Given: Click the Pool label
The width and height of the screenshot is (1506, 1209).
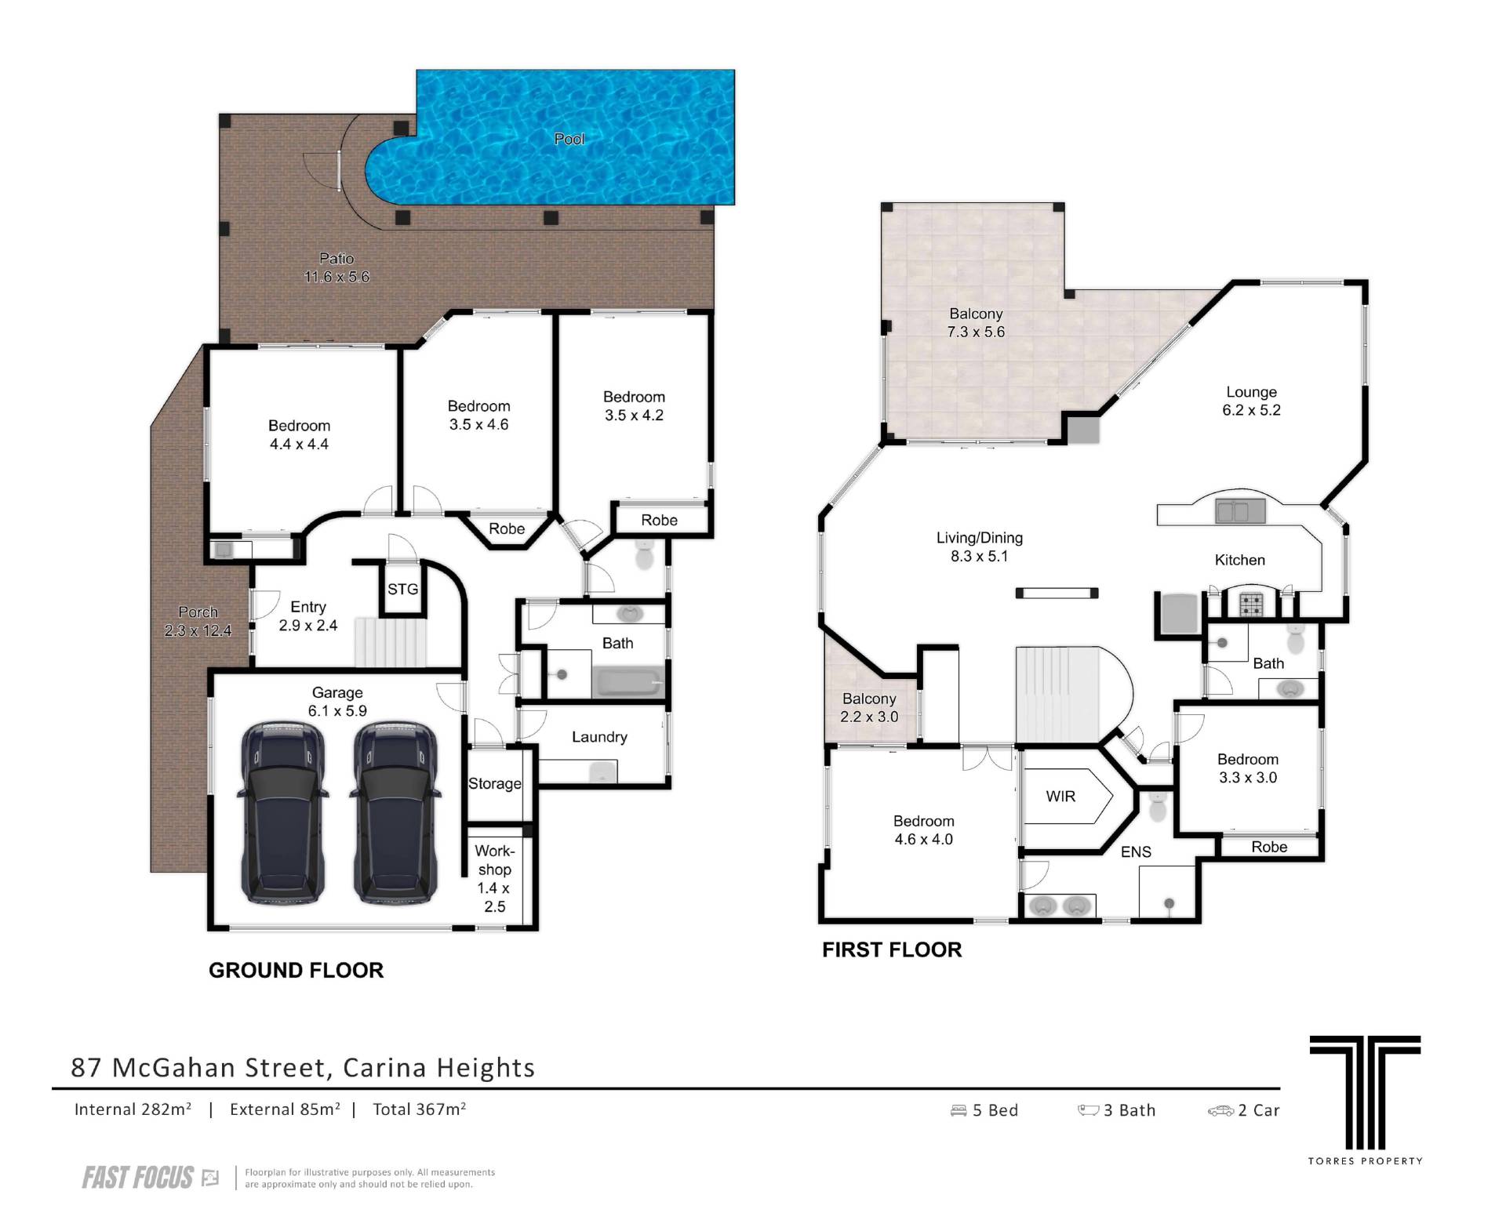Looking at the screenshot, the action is pos(569,139).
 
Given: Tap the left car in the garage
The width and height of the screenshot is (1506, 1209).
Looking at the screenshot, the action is pos(282,814).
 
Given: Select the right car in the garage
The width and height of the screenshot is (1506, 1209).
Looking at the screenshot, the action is pos(395,814).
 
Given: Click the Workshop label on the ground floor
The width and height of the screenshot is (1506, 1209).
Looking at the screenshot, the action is pos(495,860).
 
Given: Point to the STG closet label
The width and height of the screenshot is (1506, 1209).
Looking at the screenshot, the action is pos(402,590).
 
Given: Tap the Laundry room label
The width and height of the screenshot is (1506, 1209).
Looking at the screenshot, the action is pos(599,737).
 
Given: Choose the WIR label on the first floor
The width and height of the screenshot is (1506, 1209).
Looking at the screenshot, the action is pos(1060,797).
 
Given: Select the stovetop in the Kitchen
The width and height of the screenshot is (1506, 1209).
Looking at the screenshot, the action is pos(1251,604).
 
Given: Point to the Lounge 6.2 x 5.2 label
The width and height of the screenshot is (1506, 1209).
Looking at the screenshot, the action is pos(1251,401).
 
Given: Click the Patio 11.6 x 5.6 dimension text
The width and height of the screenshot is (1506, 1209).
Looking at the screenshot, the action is pos(336,277).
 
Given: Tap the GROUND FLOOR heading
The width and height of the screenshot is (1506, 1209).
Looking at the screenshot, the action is pos(296,971).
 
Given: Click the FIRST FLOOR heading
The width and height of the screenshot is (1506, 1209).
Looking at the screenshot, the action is pos(892,950).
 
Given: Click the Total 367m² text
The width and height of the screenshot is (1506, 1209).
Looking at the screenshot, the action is pos(420,1109).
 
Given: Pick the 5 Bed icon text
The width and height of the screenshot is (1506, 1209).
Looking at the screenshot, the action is pos(984,1110).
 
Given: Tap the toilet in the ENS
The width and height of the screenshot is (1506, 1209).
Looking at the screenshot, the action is pos(1158,805).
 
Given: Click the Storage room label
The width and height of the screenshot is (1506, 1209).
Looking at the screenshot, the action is pos(495,784).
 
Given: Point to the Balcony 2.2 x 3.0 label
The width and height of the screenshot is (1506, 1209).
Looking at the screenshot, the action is pos(869,708).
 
